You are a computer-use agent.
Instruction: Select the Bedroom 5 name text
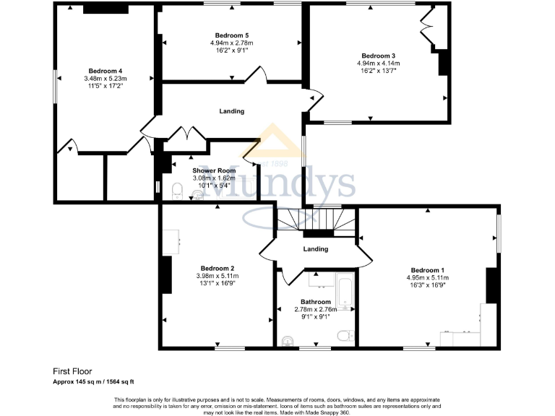click(x=232, y=35)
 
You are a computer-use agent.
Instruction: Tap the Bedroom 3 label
click(x=378, y=56)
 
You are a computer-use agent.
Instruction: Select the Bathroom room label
click(x=316, y=302)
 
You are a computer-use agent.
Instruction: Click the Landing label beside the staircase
click(x=316, y=249)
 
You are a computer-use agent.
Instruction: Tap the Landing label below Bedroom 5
click(x=232, y=111)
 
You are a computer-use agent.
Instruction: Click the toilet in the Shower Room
click(x=177, y=190)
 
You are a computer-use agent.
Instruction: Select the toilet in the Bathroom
click(x=345, y=335)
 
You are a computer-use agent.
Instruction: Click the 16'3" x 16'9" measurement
click(x=427, y=285)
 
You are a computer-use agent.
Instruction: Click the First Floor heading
click(x=72, y=372)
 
